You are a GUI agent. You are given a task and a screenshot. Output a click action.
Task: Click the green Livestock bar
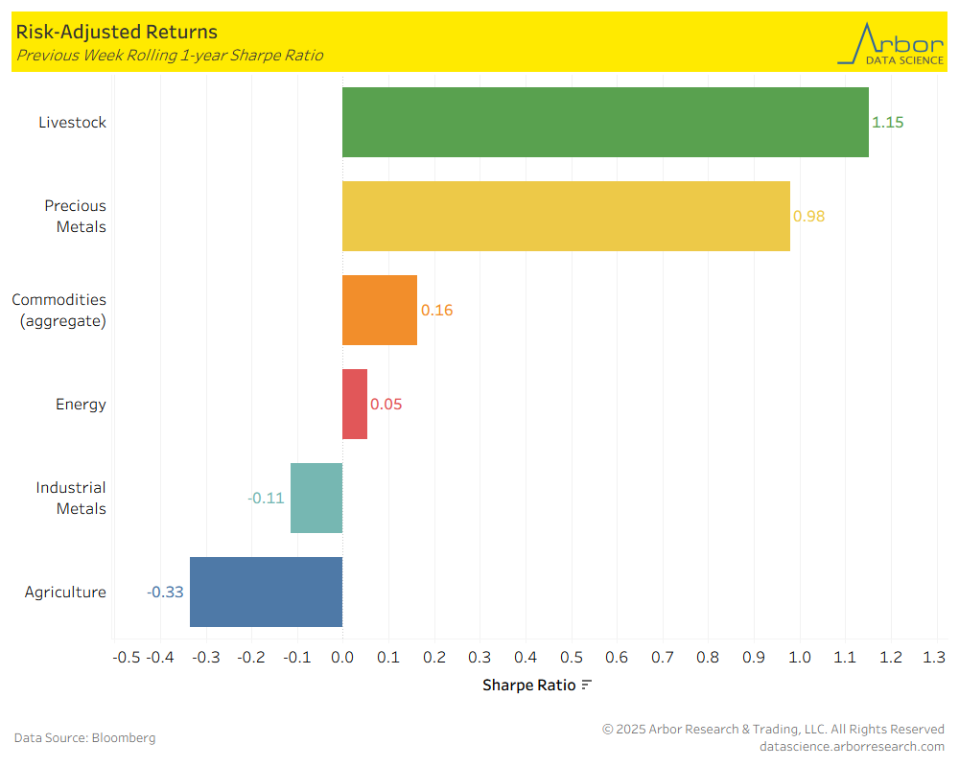click(605, 122)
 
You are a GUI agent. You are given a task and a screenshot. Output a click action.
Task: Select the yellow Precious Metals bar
click(566, 216)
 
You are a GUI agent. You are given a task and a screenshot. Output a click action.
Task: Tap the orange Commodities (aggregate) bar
click(380, 310)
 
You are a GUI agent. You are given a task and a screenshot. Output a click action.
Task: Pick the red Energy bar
click(355, 404)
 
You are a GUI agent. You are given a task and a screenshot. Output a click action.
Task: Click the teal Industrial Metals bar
click(316, 498)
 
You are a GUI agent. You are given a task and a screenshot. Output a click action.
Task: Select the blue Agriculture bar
click(266, 592)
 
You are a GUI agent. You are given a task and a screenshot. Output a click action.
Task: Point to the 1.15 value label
click(888, 122)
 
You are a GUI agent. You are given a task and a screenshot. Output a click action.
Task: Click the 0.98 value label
click(809, 216)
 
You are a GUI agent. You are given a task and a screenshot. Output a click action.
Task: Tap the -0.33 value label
click(165, 592)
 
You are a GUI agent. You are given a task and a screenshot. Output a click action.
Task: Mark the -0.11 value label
click(266, 498)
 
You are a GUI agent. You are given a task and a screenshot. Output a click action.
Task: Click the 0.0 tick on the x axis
click(342, 657)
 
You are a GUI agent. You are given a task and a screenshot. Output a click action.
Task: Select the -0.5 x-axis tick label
click(127, 657)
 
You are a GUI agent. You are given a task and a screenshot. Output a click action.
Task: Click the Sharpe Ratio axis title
click(529, 685)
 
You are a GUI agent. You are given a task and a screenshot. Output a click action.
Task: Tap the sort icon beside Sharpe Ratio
click(587, 685)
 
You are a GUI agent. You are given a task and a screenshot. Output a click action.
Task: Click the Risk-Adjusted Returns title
click(116, 33)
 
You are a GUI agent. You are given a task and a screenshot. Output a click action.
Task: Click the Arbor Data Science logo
click(890, 43)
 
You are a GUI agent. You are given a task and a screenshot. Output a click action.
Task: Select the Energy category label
click(81, 404)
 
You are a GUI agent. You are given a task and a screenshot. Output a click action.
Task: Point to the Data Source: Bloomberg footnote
click(84, 737)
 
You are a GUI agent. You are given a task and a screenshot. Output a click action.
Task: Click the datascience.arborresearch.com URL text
click(852, 746)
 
